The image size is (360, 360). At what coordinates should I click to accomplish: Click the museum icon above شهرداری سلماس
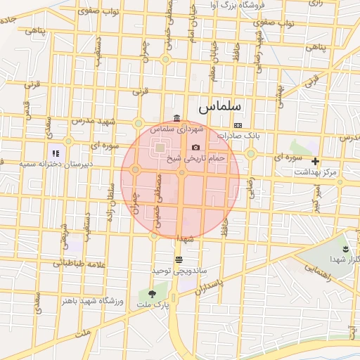pos(176,117)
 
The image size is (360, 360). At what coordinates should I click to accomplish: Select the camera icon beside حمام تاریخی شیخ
pos(195,147)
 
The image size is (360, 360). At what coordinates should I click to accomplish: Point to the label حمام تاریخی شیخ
pos(196,159)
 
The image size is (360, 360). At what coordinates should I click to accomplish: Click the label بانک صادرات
pos(238,135)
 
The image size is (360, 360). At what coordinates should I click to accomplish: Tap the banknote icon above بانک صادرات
pos(238,124)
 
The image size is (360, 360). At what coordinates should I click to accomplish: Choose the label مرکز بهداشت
pos(316,172)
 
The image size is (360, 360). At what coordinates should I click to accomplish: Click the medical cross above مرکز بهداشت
pos(315,161)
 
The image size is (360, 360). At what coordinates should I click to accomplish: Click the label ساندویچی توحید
pos(179,271)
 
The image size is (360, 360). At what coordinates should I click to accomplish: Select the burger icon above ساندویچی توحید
pos(178,259)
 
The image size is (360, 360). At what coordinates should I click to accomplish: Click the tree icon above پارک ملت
pos(153,294)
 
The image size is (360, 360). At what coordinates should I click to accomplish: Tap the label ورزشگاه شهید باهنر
pos(93,301)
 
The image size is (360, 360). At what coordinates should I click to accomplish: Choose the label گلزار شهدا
pos(345,261)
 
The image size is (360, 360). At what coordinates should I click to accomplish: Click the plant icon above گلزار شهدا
pos(345,250)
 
